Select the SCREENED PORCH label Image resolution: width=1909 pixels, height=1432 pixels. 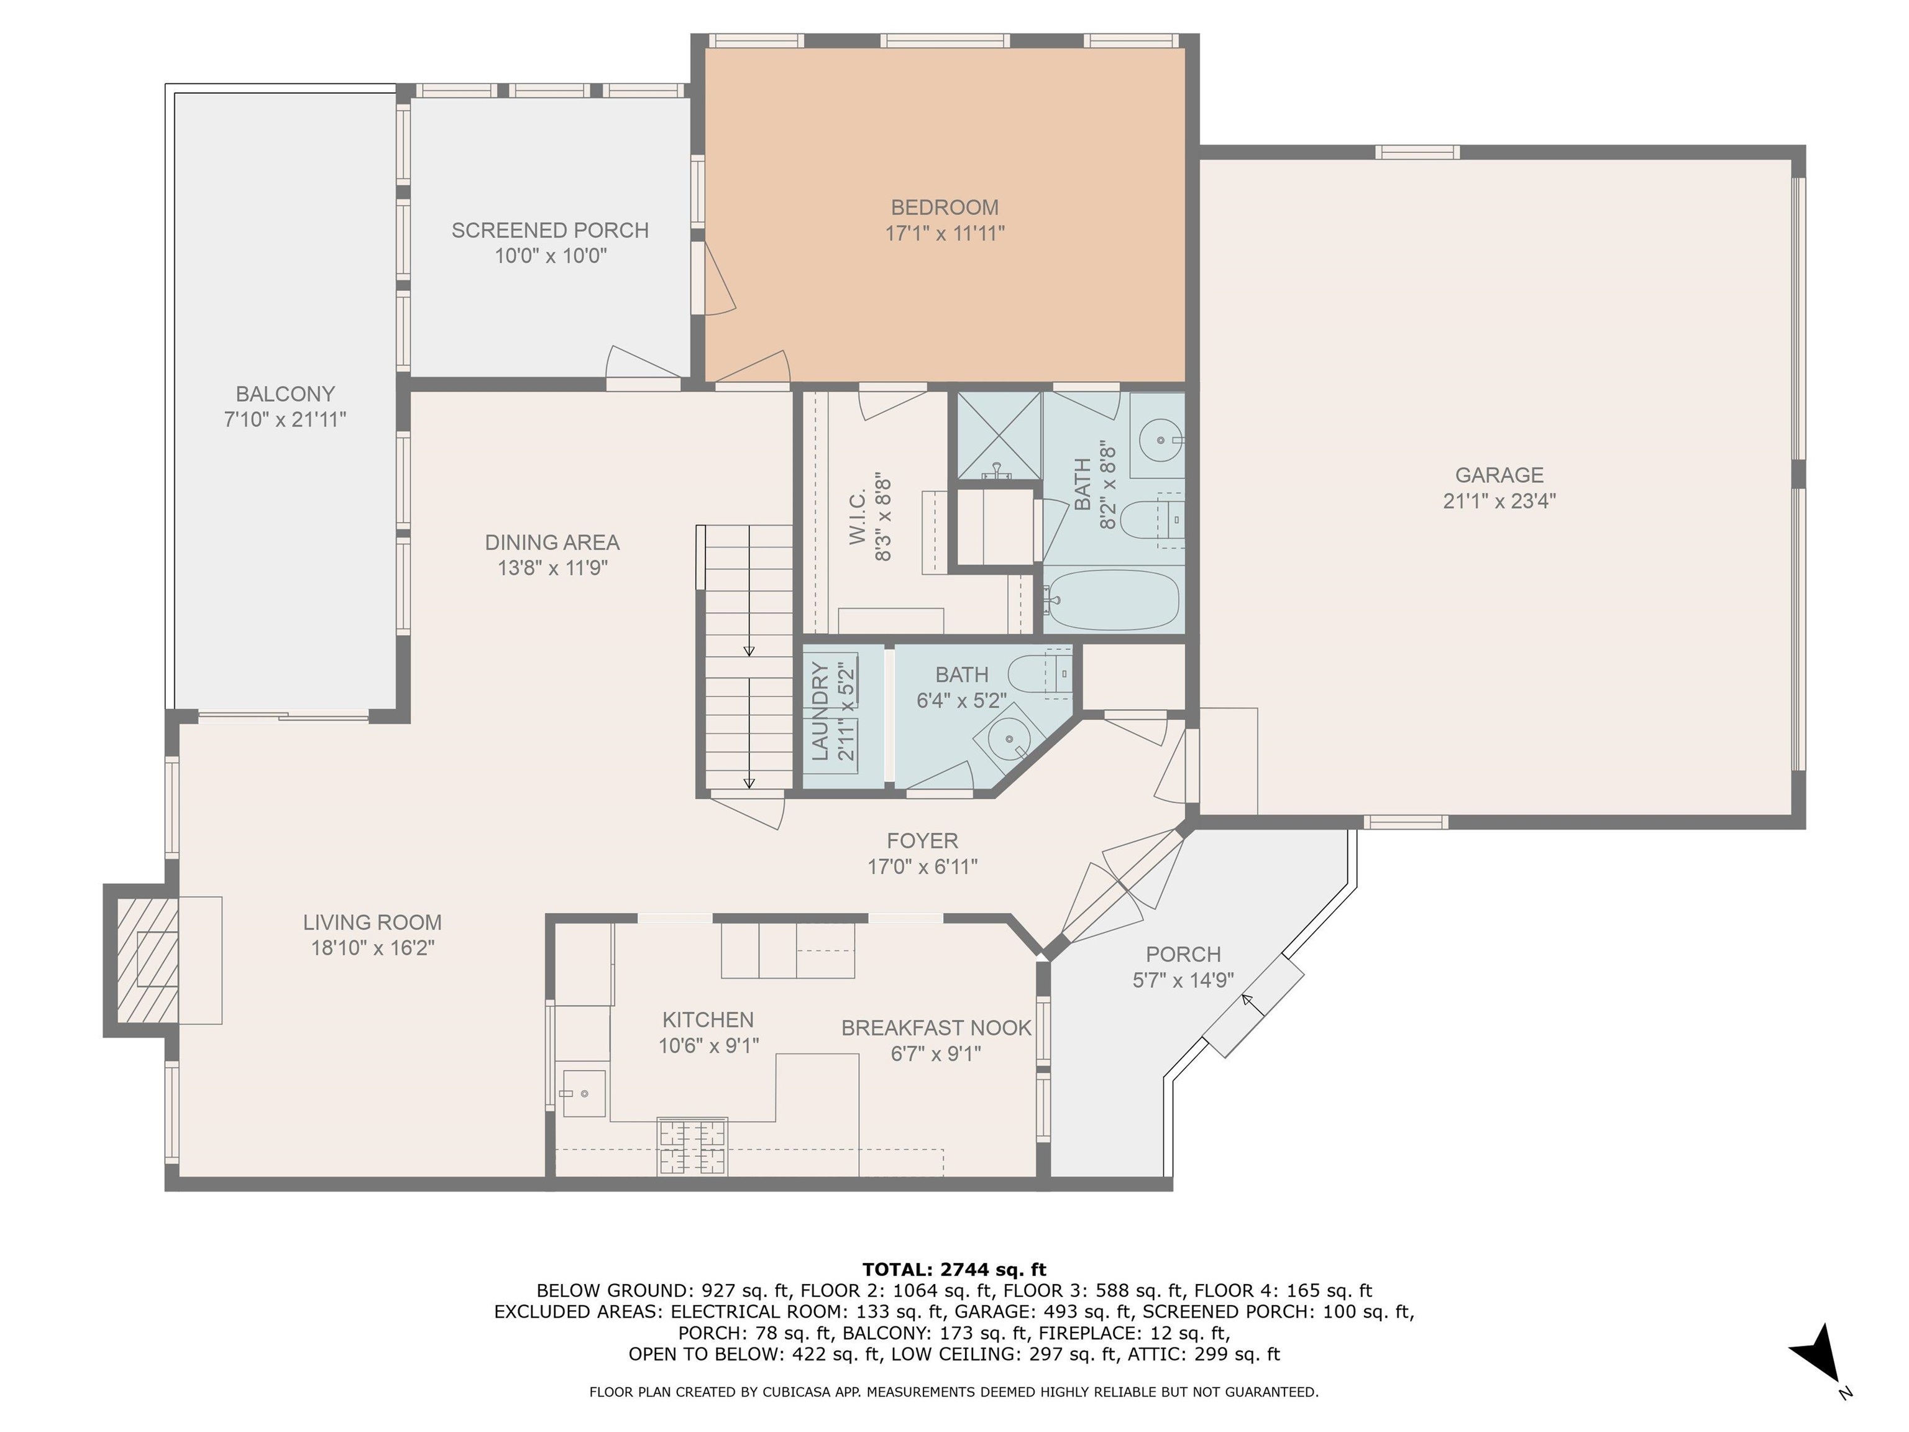pyautogui.click(x=550, y=231)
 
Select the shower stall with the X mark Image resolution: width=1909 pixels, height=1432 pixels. pyautogui.click(x=997, y=436)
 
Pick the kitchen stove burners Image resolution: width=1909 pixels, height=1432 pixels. pyautogui.click(x=692, y=1146)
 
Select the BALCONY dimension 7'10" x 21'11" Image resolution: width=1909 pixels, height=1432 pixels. pyautogui.click(x=285, y=420)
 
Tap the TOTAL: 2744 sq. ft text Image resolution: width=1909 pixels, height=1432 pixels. pyautogui.click(x=954, y=1270)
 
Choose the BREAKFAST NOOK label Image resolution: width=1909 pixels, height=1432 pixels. pyautogui.click(x=936, y=1028)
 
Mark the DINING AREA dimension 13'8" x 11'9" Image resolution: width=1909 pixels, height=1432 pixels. pyautogui.click(x=552, y=568)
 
